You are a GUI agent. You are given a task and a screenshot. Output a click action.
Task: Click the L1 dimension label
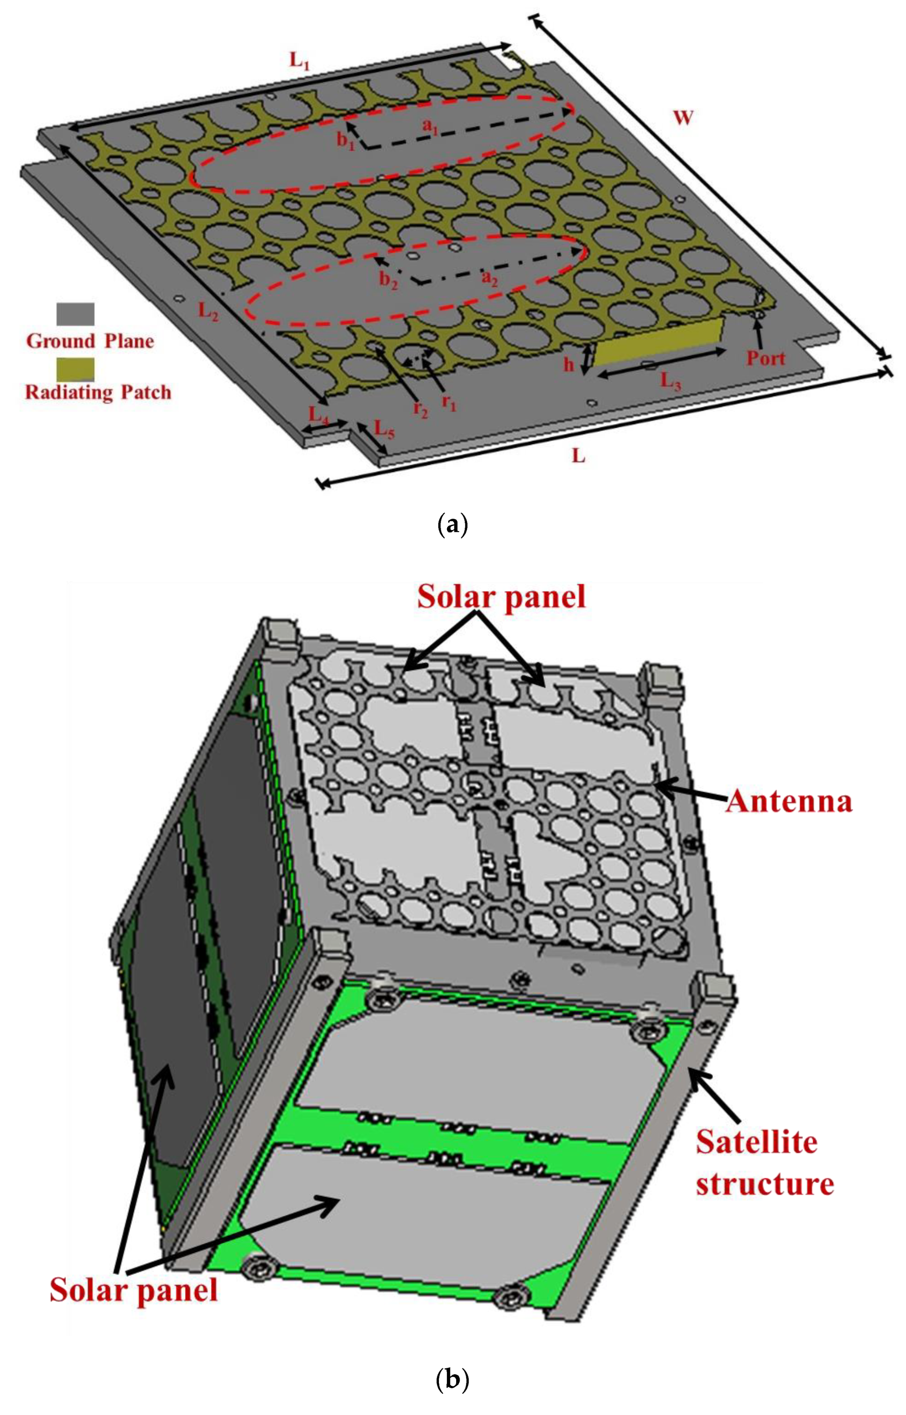(x=299, y=61)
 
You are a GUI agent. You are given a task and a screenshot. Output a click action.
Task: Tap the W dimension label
(x=682, y=118)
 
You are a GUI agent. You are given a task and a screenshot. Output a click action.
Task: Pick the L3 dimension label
(x=670, y=382)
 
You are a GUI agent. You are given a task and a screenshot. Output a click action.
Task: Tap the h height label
(x=568, y=364)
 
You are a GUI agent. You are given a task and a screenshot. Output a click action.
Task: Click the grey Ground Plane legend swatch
(x=75, y=314)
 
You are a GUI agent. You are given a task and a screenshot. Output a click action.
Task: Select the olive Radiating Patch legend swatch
(x=75, y=370)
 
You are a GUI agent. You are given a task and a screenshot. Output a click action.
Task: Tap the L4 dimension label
(x=319, y=415)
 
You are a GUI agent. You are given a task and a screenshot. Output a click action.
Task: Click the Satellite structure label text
(x=764, y=1163)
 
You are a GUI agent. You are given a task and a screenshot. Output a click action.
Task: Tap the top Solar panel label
(x=501, y=596)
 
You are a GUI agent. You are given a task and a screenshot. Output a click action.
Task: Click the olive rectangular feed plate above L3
(x=657, y=342)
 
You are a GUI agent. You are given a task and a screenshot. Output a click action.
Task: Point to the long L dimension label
(x=579, y=456)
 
